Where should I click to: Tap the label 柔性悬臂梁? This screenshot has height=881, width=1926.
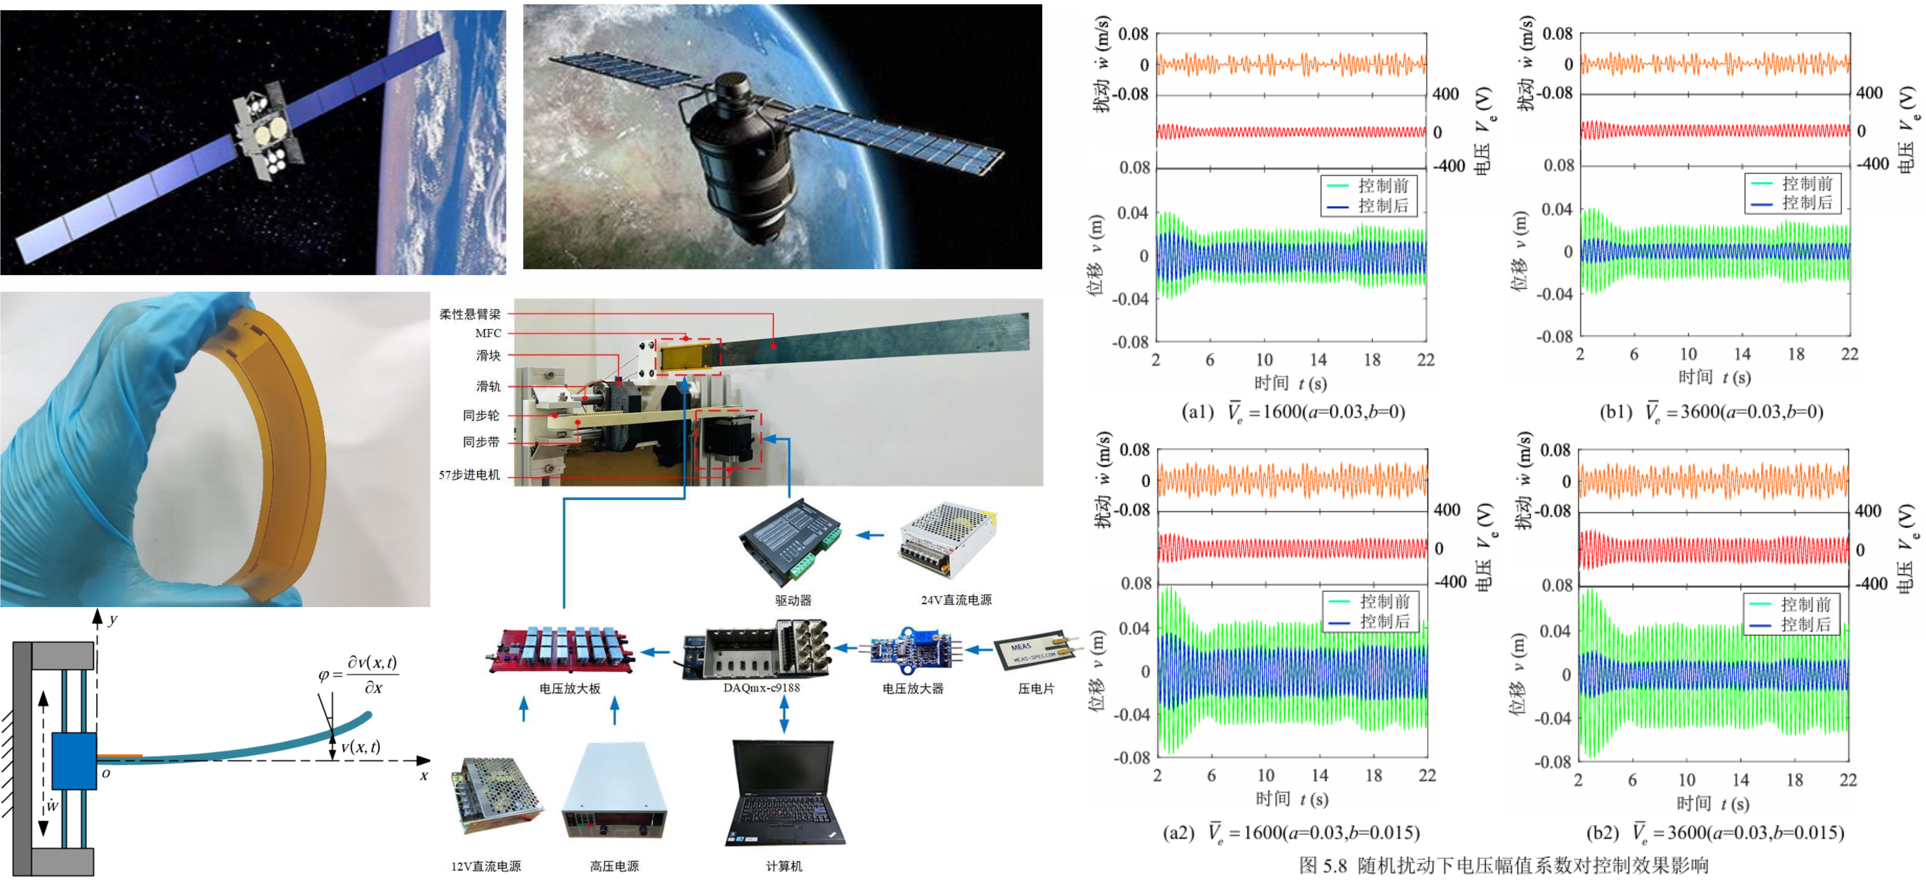point(470,314)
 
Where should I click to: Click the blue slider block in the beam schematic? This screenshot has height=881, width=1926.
point(74,761)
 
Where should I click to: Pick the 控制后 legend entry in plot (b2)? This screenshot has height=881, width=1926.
point(1790,624)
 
